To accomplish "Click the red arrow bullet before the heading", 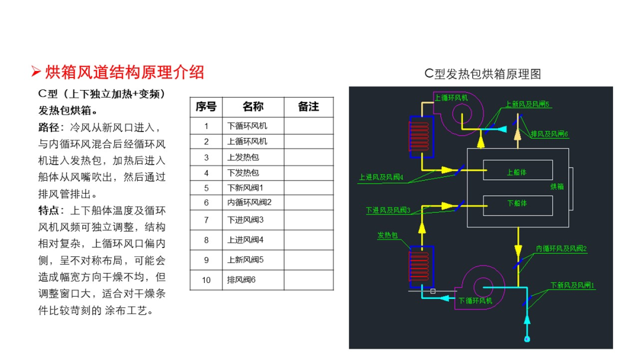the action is point(36,72).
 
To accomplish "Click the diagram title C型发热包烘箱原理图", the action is point(483,74).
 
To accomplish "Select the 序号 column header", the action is point(206,107).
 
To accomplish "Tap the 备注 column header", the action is point(308,107).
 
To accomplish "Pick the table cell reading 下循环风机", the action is point(247,126).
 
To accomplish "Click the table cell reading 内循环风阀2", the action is point(249,202).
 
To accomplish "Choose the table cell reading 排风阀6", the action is point(241,280).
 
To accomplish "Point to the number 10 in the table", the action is point(206,280).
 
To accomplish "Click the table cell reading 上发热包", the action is point(243,157).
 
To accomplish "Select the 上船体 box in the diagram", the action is point(518,170).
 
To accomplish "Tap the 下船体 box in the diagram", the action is point(518,205).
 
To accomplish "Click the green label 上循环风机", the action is point(451,98).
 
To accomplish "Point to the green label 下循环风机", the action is point(475,301).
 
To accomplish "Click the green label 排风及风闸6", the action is point(549,134).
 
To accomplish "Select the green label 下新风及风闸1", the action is point(573,285).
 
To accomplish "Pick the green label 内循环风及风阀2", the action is point(561,249).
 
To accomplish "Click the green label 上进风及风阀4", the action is point(381,178).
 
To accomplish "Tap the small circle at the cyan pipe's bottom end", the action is point(527,339).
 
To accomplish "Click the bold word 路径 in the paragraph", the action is point(49,128).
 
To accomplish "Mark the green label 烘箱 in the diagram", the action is point(557,187).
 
